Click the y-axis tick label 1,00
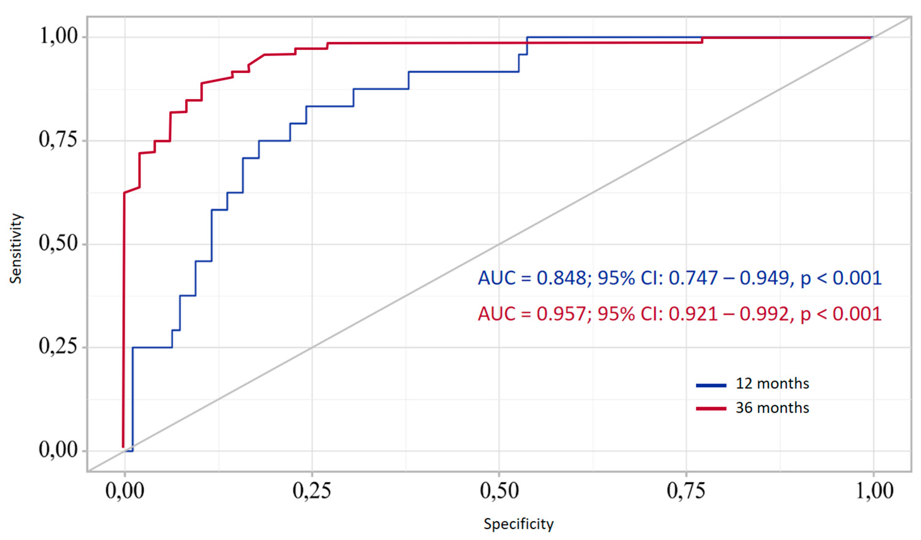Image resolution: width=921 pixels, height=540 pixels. (59, 37)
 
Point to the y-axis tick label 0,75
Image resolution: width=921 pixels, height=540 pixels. (59, 140)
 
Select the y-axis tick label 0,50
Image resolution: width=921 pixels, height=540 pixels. (59, 244)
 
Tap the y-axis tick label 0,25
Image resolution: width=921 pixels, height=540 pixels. (59, 347)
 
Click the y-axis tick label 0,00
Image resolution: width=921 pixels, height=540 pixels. (59, 450)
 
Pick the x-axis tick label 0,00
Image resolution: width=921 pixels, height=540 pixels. (125, 491)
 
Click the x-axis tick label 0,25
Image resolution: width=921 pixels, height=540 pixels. (312, 491)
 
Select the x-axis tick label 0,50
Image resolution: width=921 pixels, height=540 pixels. (499, 491)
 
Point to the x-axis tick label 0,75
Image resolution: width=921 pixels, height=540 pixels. (686, 491)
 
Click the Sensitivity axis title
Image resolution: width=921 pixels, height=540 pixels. (16, 248)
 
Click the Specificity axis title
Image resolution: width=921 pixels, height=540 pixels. (519, 524)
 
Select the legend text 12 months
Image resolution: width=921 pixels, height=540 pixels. (772, 384)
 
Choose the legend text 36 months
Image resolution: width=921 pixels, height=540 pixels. (772, 408)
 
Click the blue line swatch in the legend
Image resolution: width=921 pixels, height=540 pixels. (711, 385)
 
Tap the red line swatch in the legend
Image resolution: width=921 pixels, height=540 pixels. (711, 409)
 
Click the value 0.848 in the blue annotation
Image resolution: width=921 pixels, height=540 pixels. (561, 278)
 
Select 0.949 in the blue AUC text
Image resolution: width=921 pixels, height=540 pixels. (765, 278)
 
